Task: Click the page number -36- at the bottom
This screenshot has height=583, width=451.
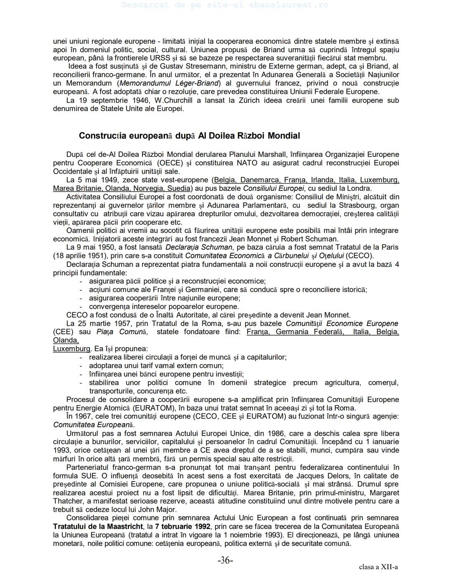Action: [x=225, y=560]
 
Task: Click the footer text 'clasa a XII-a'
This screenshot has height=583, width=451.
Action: [x=378, y=567]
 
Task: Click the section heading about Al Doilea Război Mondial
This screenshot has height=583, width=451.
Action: [x=189, y=136]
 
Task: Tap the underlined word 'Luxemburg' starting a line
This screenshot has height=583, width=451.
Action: [x=71, y=348]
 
